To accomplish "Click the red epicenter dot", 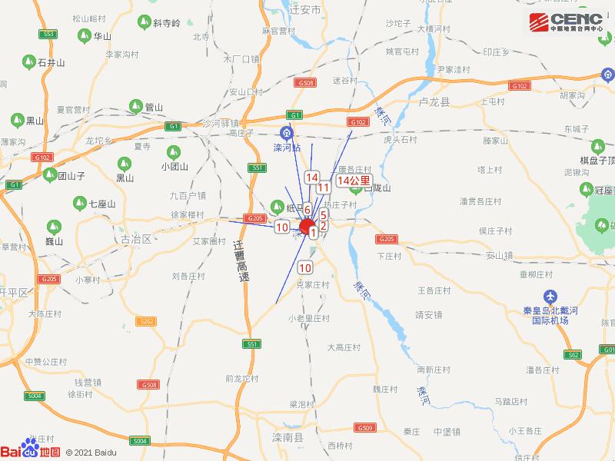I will [x=307, y=227].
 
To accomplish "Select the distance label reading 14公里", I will [x=353, y=180].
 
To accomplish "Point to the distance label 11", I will [x=324, y=187].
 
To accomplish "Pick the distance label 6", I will [x=307, y=209].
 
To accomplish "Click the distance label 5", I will [x=324, y=216].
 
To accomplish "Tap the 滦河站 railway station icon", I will [x=287, y=131].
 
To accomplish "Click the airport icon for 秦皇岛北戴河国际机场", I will [x=550, y=297].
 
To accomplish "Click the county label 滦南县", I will [x=291, y=436].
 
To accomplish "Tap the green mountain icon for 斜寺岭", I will [x=143, y=23].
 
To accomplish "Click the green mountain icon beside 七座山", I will [x=79, y=204].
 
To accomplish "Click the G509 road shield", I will [x=364, y=427].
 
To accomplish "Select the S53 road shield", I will [x=48, y=34].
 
